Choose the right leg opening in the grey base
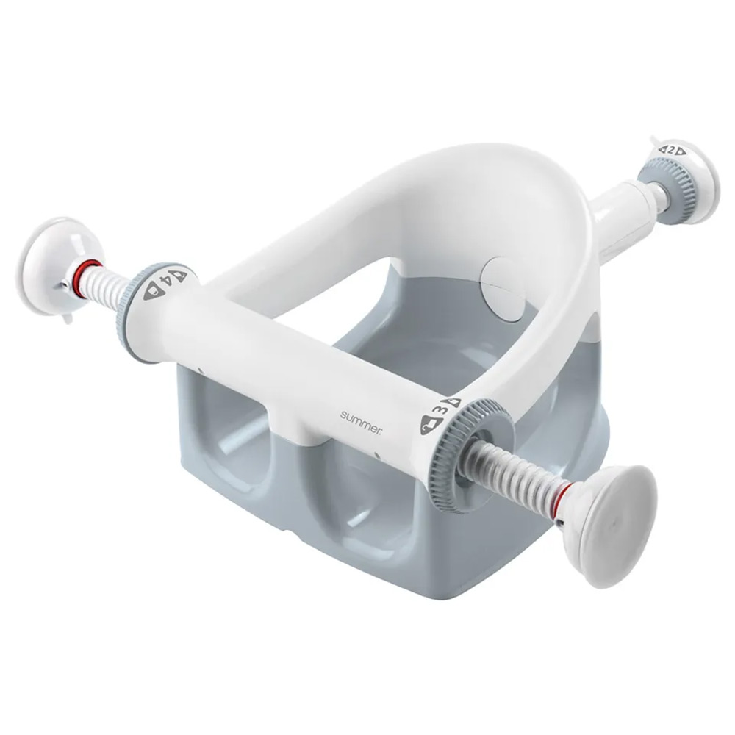[353, 500]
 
